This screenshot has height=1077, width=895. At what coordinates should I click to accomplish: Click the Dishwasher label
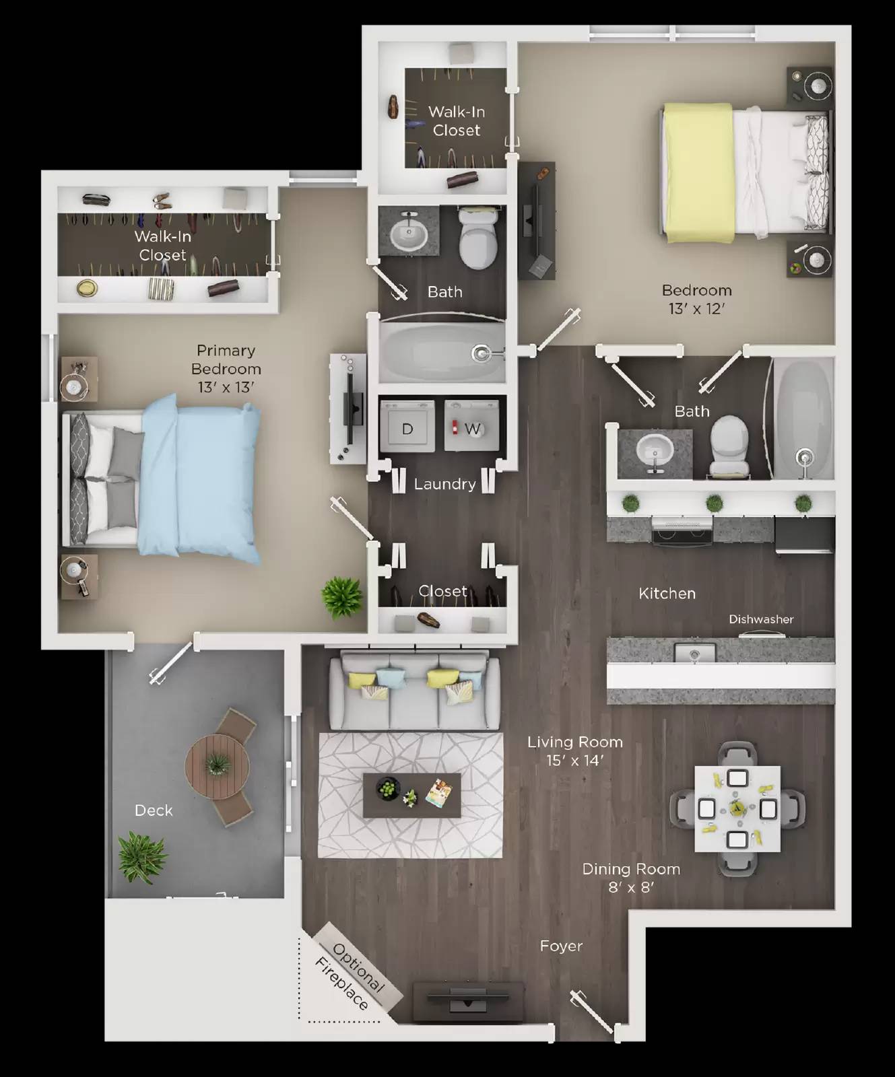761,619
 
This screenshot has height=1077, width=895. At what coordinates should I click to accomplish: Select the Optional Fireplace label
350,977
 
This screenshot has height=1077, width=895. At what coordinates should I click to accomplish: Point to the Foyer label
561,946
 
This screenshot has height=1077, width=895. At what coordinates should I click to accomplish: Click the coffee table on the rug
411,795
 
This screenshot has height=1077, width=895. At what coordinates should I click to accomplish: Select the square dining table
737,808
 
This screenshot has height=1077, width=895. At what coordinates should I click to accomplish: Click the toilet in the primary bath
477,238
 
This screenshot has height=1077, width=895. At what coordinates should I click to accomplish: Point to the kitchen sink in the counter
695,652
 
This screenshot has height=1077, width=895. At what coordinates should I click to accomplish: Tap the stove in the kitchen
682,531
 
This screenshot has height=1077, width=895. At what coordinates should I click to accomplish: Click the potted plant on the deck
141,857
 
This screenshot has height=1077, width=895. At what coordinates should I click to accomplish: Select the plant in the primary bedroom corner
341,596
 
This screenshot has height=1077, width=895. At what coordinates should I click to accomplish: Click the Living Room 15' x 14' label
574,751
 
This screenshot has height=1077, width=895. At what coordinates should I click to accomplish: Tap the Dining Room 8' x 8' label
631,878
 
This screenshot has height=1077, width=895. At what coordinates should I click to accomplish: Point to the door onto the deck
172,663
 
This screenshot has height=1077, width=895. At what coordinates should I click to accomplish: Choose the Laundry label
444,484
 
